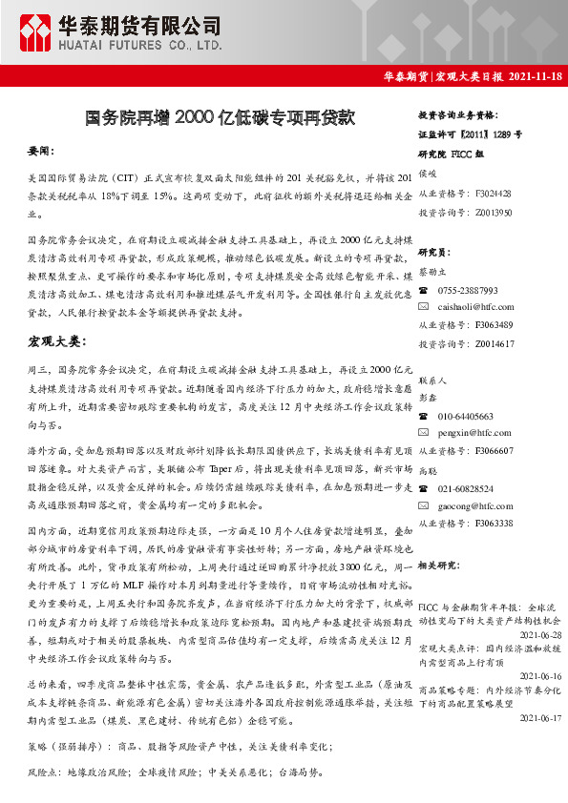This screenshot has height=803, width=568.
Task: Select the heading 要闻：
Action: (x=41, y=152)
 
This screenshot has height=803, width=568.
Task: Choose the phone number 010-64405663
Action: (x=466, y=417)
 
